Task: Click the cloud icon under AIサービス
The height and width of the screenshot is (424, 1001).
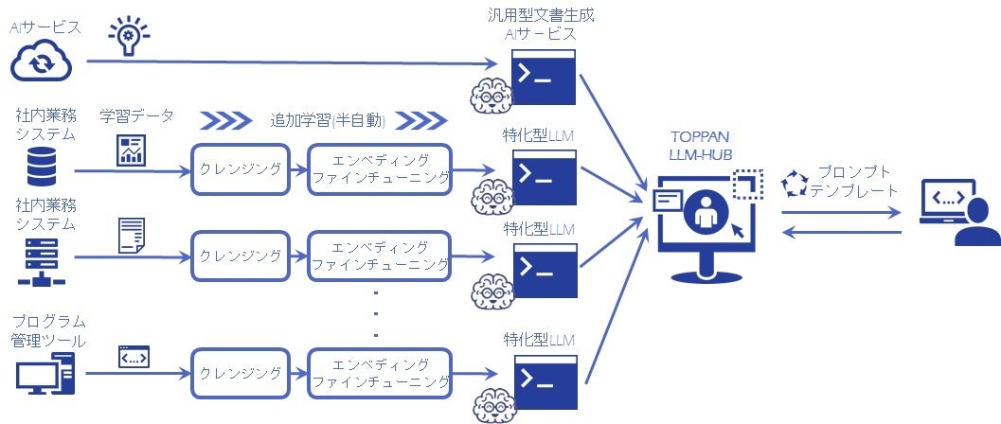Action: (x=41, y=62)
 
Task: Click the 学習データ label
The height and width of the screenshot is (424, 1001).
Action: (x=136, y=117)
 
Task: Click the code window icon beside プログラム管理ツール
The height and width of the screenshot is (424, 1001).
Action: (x=133, y=357)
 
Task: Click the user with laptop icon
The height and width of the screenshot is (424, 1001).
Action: (x=958, y=216)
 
